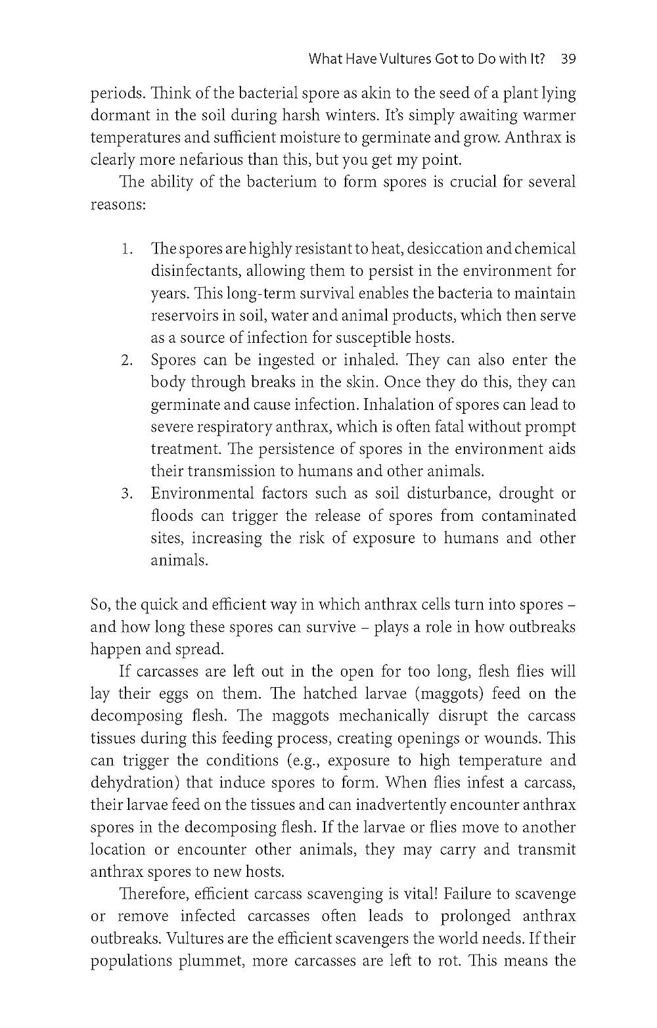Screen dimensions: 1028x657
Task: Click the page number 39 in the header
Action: [x=568, y=59]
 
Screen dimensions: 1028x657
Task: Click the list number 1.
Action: [x=127, y=249]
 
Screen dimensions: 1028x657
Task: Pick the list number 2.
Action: [x=127, y=360]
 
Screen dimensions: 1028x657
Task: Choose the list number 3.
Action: [x=127, y=493]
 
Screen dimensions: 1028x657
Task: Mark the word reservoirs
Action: [x=184, y=316]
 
